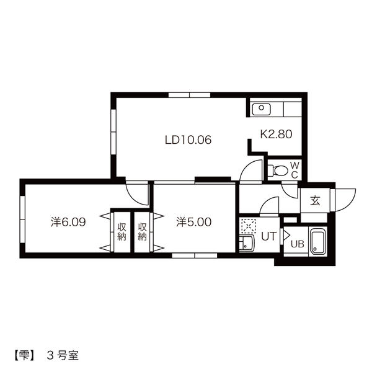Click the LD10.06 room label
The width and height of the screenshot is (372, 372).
click(188, 140)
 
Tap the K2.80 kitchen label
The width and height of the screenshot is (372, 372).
click(276, 135)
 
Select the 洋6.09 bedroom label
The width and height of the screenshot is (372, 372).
click(68, 222)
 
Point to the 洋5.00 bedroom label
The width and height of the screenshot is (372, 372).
click(193, 222)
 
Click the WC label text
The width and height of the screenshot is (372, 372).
click(294, 170)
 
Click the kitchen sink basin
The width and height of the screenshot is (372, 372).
click(261, 109)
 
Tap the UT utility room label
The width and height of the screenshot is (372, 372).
click(269, 236)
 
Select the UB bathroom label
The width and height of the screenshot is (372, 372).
click(297, 244)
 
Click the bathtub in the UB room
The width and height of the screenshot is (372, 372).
click(317, 242)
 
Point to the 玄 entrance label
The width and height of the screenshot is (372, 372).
click(316, 201)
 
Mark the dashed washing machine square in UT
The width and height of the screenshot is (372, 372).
click(249, 226)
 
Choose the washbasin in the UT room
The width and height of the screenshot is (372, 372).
click(247, 243)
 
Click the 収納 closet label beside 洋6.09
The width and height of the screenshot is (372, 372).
click(122, 231)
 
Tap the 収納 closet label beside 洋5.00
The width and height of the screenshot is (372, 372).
click(142, 231)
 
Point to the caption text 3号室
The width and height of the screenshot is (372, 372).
click(63, 356)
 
